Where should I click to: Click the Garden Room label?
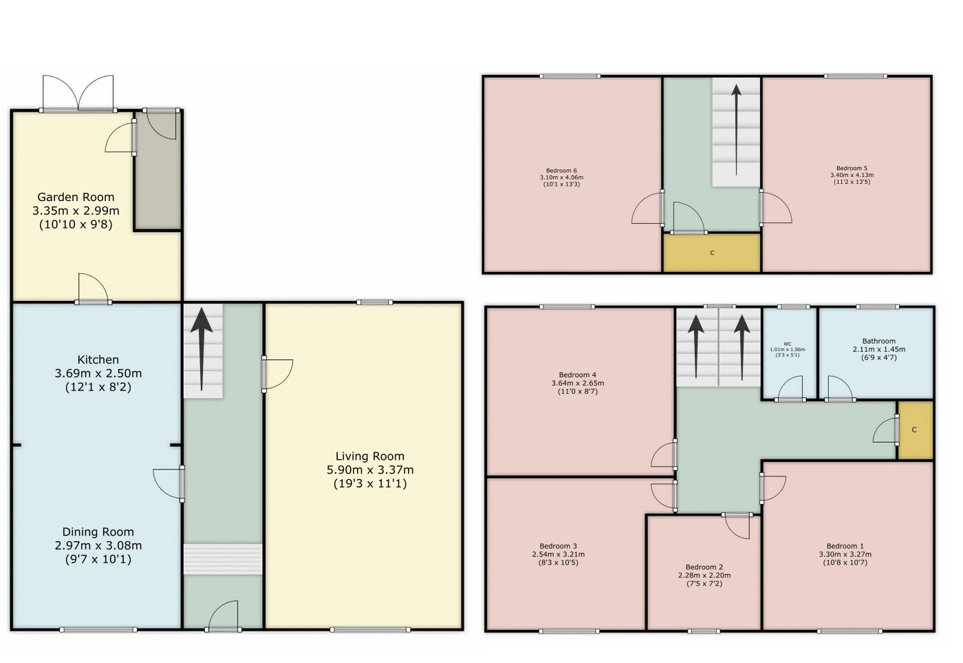[x=76, y=197]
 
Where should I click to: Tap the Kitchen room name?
[x=98, y=359]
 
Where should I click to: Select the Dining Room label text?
[x=98, y=532]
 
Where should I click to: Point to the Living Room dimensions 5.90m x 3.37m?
[x=370, y=470]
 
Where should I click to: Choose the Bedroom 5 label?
[x=852, y=168]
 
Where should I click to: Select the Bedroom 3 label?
[x=558, y=546]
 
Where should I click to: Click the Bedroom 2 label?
[x=704, y=567]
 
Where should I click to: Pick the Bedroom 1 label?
[x=845, y=546]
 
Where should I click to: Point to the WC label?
[x=787, y=344]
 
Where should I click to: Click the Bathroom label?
[x=879, y=341]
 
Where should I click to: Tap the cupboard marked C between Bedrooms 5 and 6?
[x=712, y=253]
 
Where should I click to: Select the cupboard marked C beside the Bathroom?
[x=915, y=430]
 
